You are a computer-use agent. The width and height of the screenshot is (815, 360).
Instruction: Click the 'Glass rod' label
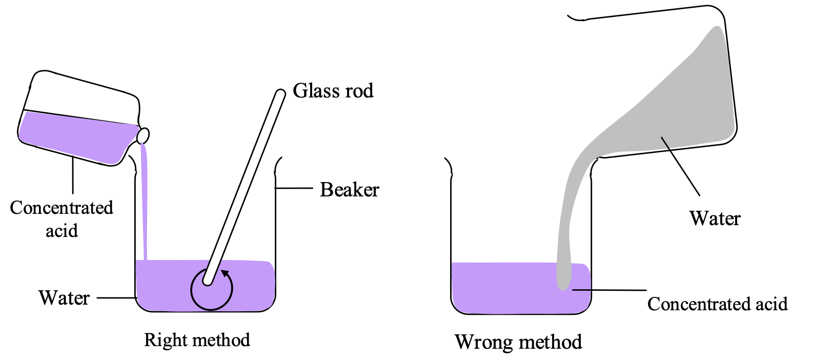(333, 91)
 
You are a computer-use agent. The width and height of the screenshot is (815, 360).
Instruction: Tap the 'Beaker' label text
(350, 190)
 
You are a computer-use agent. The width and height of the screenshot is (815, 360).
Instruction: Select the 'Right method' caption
(197, 340)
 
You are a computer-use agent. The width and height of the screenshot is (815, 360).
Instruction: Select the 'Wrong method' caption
(518, 342)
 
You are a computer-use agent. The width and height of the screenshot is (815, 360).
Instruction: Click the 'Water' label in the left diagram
(64, 298)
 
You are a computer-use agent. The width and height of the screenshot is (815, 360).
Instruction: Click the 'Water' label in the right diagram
(715, 218)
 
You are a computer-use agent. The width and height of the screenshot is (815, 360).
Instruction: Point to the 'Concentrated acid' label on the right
(717, 304)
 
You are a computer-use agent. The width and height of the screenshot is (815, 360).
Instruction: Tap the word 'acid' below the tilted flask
(62, 231)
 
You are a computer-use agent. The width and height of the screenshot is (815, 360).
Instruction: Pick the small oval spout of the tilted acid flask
(144, 136)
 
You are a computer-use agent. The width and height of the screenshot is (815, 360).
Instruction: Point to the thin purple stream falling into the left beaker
(145, 205)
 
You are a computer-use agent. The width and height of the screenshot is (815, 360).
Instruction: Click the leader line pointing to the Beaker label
(294, 188)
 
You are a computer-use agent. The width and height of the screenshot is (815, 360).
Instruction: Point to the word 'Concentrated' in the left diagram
(62, 208)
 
